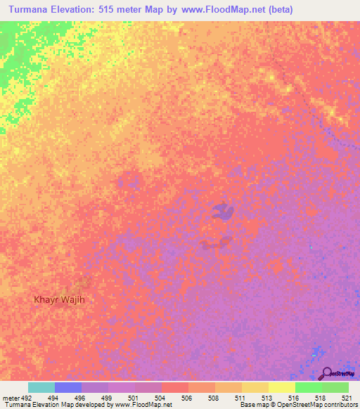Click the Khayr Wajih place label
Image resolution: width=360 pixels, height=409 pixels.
point(64,299)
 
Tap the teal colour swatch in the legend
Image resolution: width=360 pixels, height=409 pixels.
point(41,387)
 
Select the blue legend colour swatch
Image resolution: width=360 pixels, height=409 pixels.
point(68,387)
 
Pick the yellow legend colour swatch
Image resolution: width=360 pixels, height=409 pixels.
point(282,387)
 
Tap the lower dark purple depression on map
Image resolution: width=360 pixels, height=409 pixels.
point(215,243)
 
